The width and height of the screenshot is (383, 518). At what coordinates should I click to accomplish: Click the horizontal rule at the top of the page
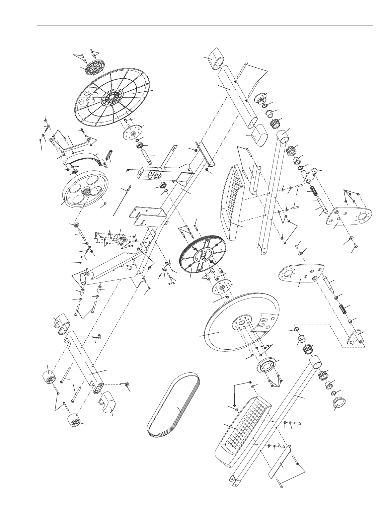(205, 25)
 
